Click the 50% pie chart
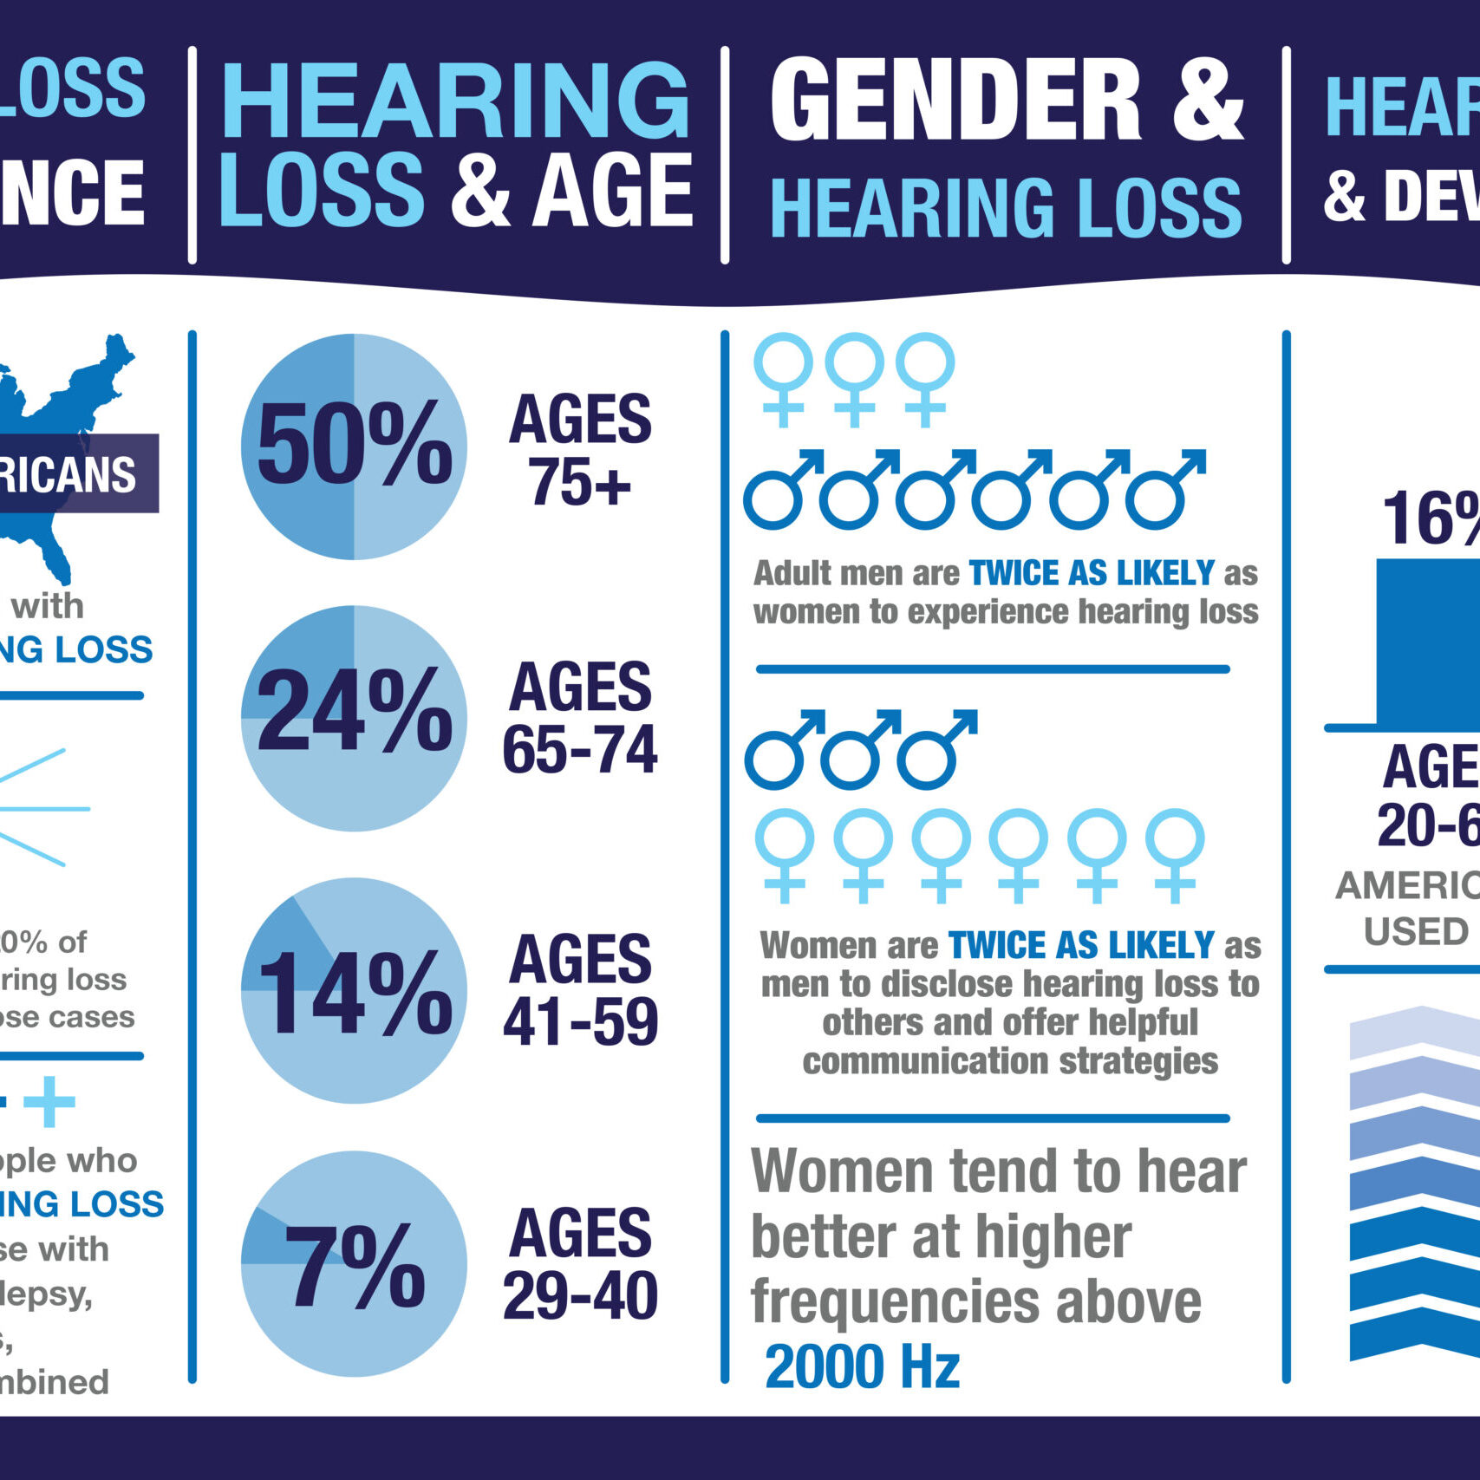tap(354, 447)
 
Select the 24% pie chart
tap(354, 718)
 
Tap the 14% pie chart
tap(354, 990)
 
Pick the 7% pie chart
tap(354, 1263)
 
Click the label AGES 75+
tap(580, 450)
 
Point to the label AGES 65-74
tap(580, 718)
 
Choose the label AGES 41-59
tap(580, 990)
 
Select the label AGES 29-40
tap(580, 1264)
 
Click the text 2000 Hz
tap(863, 1367)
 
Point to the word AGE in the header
tap(612, 191)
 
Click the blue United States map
tap(61, 399)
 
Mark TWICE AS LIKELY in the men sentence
tap(1092, 573)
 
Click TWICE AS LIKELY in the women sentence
tap(1081, 945)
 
